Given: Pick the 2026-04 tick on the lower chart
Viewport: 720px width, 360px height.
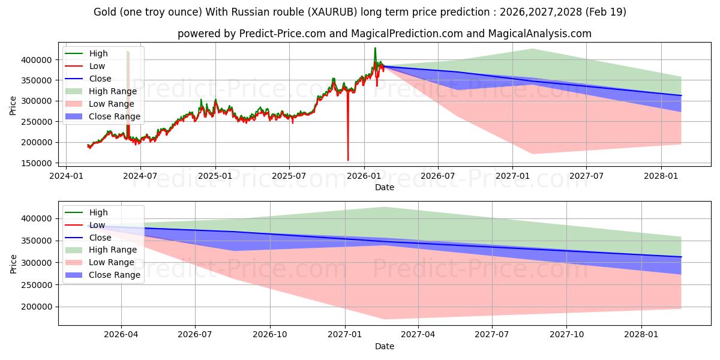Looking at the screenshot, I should (121, 334).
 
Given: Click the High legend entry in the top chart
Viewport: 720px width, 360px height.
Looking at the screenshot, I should (98, 54).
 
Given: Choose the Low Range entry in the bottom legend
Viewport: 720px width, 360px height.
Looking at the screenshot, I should (112, 262).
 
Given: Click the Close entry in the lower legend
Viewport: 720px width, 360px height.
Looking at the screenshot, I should (100, 238).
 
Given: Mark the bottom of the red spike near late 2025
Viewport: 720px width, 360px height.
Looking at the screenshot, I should (348, 160).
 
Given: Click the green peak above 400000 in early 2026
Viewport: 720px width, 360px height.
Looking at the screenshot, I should (375, 48).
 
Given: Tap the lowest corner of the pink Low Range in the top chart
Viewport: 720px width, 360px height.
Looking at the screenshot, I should (532, 154).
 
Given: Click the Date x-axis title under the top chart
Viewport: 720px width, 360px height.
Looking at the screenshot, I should (385, 187).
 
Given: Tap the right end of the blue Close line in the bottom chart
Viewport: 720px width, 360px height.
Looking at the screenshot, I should (681, 257).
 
